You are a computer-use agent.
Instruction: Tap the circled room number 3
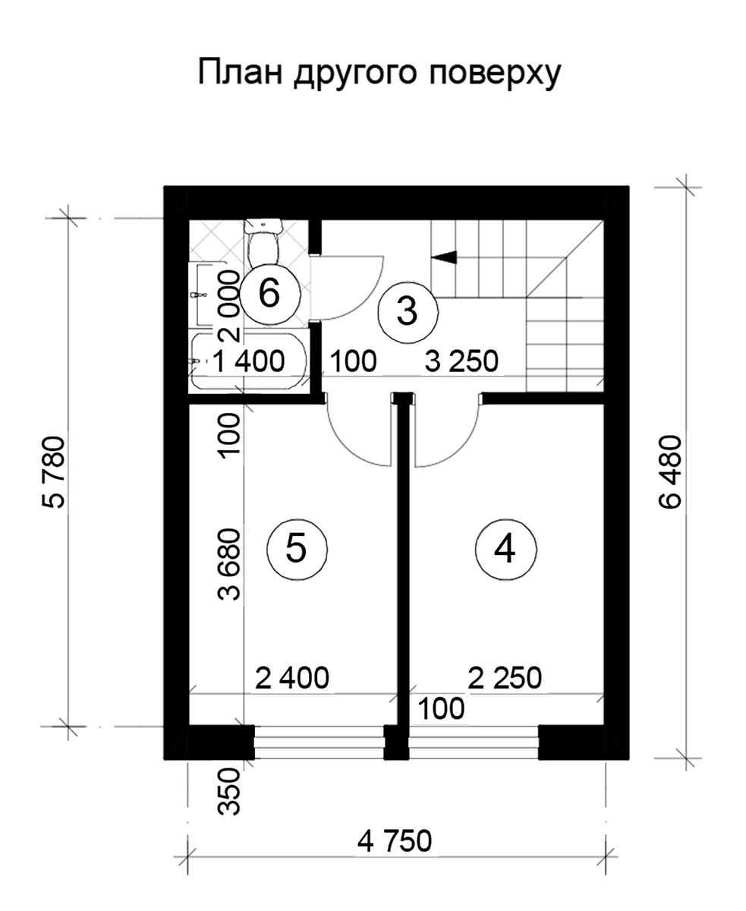coord(408,312)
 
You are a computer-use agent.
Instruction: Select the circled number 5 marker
coord(297,550)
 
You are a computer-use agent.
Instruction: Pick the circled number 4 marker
coord(505,550)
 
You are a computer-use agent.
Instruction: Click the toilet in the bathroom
coord(263,244)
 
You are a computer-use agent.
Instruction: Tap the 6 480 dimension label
coord(670,471)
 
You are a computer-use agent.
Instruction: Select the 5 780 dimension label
coord(54,472)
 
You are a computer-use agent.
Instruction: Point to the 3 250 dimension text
coord(461,361)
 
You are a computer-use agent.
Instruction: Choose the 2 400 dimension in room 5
coord(292,678)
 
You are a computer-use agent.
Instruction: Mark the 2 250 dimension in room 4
coord(505,678)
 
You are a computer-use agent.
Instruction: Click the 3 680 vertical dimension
coord(228,564)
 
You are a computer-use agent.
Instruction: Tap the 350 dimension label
coord(228,791)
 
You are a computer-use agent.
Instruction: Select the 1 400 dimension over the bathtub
coord(249,361)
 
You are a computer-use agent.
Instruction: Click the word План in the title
coord(240,72)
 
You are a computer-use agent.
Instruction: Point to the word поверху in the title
coord(495,74)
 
